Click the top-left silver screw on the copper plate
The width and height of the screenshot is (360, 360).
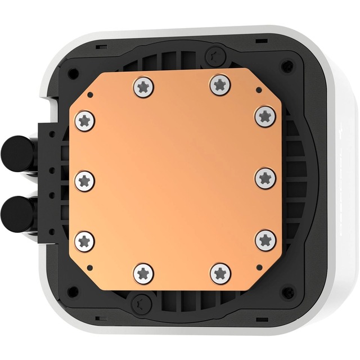[x=143, y=87]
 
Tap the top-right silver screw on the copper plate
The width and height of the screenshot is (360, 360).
[x=220, y=85]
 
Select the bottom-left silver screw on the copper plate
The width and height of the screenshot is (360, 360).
[x=143, y=274]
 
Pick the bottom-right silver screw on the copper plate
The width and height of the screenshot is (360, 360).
[x=220, y=273]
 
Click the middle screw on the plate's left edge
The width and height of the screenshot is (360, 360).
[x=84, y=180]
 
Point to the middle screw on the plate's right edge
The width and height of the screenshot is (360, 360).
[x=265, y=179]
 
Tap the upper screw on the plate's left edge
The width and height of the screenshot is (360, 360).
[x=84, y=120]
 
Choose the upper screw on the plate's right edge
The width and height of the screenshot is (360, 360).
[x=265, y=116]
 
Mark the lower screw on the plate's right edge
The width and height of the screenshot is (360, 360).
[x=265, y=240]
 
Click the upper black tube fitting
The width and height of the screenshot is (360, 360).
[x=15, y=151]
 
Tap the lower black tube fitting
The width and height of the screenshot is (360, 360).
[x=15, y=212]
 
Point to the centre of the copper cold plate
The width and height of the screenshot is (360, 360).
[x=174, y=180]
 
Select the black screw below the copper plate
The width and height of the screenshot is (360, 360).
[x=138, y=304]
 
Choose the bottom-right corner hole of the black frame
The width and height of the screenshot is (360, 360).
[x=287, y=293]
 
